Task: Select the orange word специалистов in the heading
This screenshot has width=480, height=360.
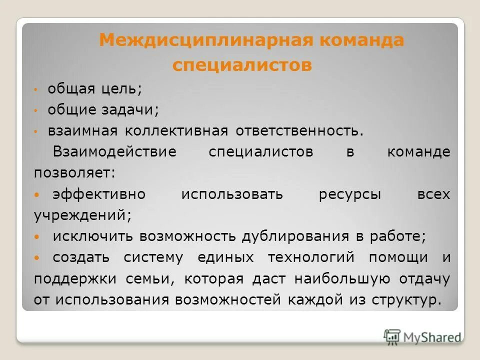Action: click(x=242, y=65)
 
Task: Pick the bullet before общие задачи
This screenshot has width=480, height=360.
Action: click(x=36, y=110)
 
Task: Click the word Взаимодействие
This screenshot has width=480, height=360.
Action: click(x=114, y=152)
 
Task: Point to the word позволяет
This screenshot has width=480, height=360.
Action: click(x=74, y=173)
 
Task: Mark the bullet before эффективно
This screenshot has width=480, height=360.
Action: click(x=36, y=194)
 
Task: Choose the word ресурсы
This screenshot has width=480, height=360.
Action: click(x=349, y=194)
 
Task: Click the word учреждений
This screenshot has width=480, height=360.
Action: click(x=82, y=215)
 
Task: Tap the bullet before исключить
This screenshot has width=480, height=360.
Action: click(x=36, y=236)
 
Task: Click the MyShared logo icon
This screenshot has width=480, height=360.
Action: click(x=392, y=336)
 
